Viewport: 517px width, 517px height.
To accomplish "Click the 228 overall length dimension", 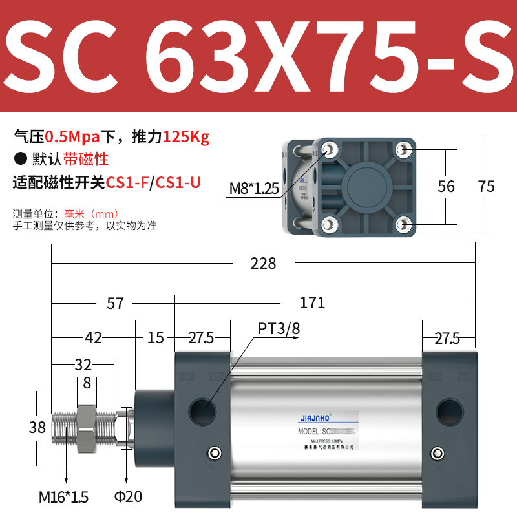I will [263, 263].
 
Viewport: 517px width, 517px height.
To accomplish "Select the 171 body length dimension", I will [312, 302].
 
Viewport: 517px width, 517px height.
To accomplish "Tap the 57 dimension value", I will [115, 302].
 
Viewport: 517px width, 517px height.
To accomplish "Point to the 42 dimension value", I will [93, 337].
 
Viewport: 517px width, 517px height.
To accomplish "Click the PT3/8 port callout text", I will [279, 329].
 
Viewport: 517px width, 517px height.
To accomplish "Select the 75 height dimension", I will [486, 186].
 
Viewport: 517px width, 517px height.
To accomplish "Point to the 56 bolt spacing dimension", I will [446, 186].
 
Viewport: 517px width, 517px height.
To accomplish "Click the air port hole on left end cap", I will [202, 409].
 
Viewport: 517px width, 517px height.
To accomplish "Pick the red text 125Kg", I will [186, 137].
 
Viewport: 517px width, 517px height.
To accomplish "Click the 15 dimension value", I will [155, 337].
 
